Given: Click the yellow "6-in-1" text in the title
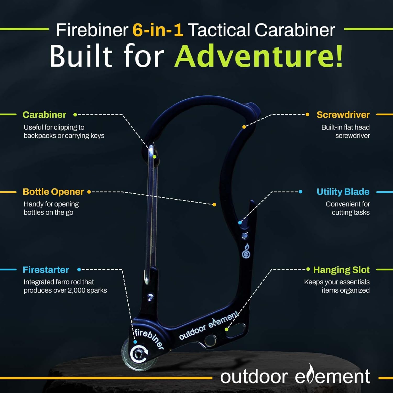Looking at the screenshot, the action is [158, 30].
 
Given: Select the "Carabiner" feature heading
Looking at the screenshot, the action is [44, 115].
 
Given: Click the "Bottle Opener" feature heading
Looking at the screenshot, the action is [53, 192].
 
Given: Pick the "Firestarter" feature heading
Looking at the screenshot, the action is [46, 270].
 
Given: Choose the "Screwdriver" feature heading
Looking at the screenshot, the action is [343, 115].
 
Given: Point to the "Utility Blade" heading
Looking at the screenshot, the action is [343, 192].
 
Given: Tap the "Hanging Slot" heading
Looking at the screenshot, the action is [341, 270].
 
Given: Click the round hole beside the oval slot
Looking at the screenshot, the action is [210, 341].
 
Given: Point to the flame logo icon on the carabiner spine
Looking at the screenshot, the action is [246, 251].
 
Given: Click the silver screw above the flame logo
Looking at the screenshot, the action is [245, 236].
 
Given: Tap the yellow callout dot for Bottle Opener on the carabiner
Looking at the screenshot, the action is [214, 205].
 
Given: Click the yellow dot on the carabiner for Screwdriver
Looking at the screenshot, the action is [244, 127].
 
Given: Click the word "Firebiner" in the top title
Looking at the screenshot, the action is [92, 30].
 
